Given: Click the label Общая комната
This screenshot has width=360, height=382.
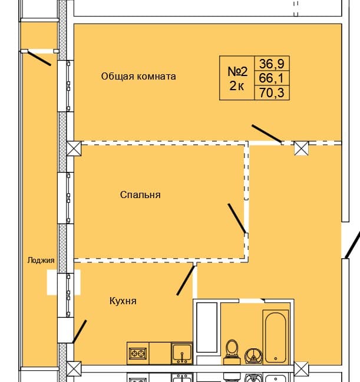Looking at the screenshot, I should [x=138, y=76].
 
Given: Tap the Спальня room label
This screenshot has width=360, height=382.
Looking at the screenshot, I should [x=140, y=195].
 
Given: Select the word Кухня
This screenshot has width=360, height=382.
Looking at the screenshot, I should [x=123, y=301].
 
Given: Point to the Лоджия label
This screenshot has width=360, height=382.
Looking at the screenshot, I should [x=41, y=260].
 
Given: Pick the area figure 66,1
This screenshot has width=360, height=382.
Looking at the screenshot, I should [x=272, y=78].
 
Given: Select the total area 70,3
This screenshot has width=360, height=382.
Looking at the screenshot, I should [x=272, y=93].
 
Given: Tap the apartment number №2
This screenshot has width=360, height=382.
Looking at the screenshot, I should [x=237, y=71].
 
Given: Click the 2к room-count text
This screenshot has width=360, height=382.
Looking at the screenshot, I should [x=237, y=87].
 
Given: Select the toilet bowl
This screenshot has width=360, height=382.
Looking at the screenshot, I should [x=232, y=349].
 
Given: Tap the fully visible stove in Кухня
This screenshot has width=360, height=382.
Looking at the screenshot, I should [x=138, y=354].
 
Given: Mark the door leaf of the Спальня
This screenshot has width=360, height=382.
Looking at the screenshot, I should [x=237, y=218].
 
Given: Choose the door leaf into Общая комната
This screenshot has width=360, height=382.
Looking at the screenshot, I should [x=266, y=134].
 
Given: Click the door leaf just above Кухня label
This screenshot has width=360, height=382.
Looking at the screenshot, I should [x=186, y=281].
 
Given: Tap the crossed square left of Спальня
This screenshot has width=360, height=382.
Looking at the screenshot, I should [x=74, y=148].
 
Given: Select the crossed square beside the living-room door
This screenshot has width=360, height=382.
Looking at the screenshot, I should [x=302, y=148].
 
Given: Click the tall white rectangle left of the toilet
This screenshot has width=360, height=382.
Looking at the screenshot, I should [x=207, y=327].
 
